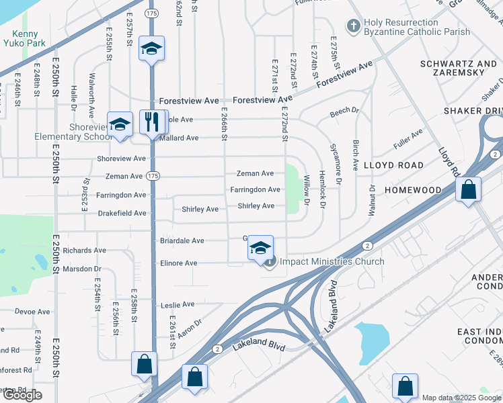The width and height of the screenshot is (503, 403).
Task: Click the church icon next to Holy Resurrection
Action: (353, 26)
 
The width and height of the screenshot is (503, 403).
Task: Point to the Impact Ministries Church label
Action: (332, 262)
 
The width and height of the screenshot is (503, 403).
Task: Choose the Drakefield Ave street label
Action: (121, 214)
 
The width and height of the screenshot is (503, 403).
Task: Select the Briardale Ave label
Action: (182, 240)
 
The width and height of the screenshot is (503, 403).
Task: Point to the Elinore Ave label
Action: (178, 263)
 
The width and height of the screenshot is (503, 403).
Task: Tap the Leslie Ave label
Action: (178, 305)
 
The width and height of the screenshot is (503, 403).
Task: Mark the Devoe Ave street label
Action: (32, 312)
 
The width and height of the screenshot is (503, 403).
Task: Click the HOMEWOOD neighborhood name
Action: (412, 190)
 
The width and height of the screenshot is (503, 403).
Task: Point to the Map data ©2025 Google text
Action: (461, 398)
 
